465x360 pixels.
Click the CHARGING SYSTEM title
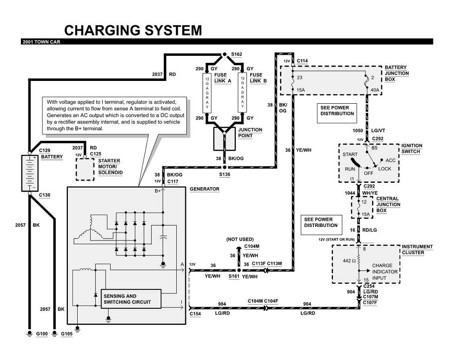click(132, 31)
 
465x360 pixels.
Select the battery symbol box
click(29, 172)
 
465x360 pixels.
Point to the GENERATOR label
click(205, 190)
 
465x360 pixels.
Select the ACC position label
click(390, 160)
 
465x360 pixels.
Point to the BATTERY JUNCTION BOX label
click(396, 73)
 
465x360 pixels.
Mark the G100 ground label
click(42, 334)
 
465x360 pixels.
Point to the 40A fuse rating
click(374, 89)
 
